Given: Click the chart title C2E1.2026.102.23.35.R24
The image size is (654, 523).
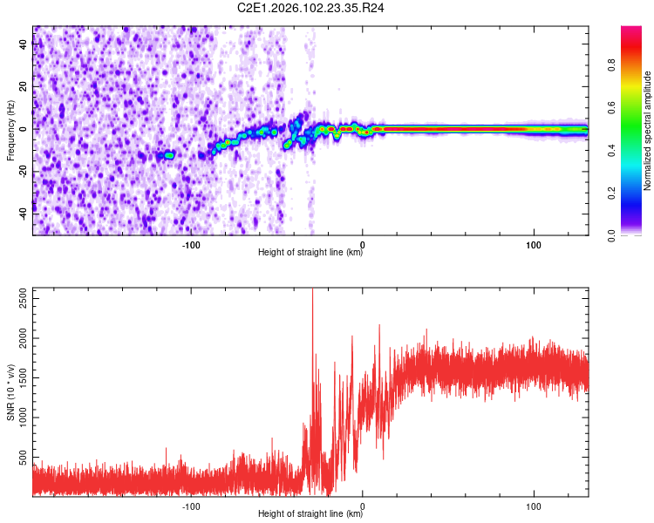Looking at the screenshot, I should click(x=311, y=8).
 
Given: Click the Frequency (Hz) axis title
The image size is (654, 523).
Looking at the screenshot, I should click(x=10, y=130).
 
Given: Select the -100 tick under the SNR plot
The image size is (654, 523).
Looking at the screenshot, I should click(x=191, y=506).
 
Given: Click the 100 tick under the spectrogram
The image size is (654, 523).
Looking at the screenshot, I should click(x=534, y=245).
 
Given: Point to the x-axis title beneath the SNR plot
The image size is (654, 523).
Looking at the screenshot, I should click(x=310, y=515).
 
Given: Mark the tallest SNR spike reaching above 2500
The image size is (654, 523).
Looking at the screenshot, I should click(x=312, y=292).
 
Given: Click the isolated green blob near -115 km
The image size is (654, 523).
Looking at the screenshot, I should click(x=169, y=155).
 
